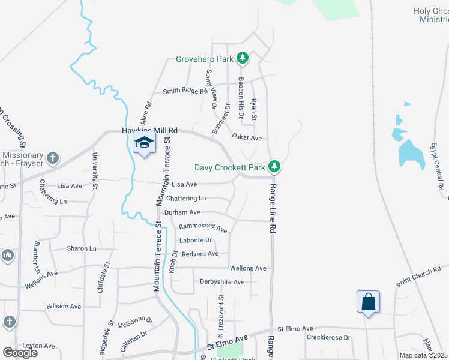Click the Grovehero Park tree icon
coord(243,58)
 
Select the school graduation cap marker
coord(144,143)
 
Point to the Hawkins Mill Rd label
coord(150,130)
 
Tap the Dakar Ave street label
coord(247,138)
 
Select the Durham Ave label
coord(182,212)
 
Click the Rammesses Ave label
coord(203,228)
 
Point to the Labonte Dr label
coord(196,241)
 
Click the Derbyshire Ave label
coord(222,282)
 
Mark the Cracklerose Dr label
coord(328,338)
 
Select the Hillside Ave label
coord(64,307)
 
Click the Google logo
coord(20,353)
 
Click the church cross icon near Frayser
coord(53,158)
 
